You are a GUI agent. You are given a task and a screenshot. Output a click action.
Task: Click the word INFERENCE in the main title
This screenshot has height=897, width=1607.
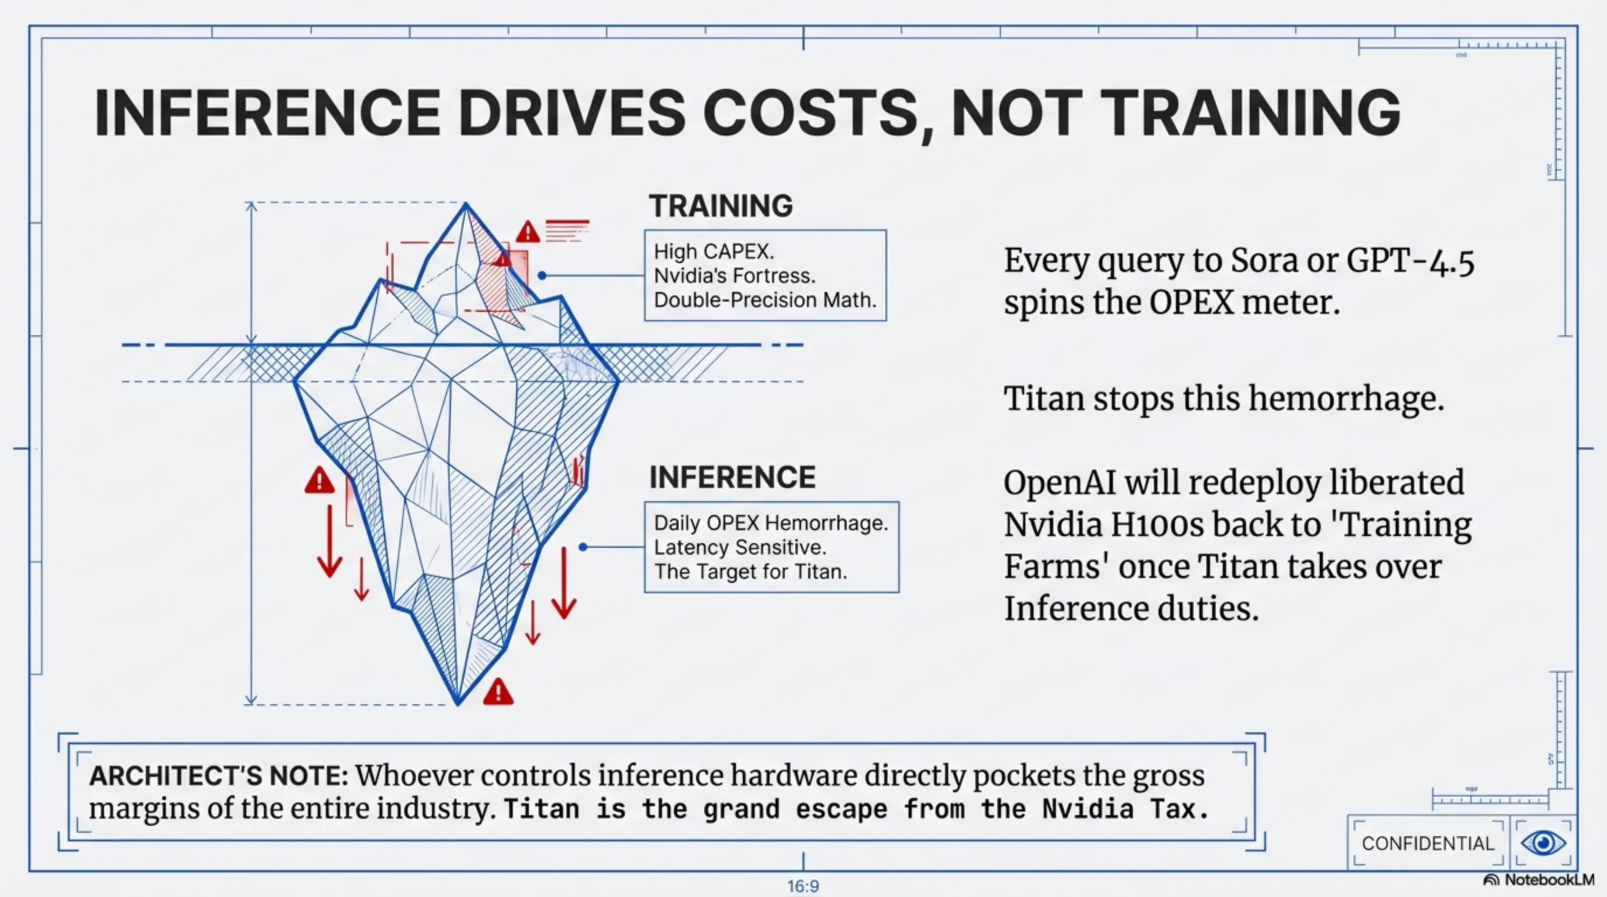[x=267, y=113]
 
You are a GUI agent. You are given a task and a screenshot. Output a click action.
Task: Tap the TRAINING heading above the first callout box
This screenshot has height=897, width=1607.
[x=721, y=206]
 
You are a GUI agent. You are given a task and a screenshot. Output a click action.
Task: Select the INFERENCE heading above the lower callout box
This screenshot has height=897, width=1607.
[x=732, y=477]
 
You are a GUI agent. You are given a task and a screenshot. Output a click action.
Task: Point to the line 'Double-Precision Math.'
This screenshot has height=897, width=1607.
[x=765, y=300]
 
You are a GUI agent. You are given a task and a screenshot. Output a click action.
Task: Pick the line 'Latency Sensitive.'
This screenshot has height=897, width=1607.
[x=740, y=547]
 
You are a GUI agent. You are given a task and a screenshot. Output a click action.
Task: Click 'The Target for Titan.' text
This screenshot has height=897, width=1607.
[x=750, y=571]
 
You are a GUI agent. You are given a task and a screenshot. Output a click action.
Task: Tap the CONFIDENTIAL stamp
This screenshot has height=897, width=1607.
[x=1428, y=843]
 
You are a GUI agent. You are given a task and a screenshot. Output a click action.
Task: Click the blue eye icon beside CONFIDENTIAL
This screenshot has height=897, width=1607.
[x=1543, y=843]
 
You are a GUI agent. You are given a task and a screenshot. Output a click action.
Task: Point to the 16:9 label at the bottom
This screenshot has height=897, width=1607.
[x=803, y=886]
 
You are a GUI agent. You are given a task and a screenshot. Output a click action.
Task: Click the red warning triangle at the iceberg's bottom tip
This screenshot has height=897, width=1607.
[x=498, y=692]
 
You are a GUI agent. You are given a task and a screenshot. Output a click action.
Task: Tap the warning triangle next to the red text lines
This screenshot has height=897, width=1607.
[x=528, y=232]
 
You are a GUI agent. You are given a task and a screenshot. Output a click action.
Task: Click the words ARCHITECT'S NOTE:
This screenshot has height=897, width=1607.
[x=218, y=776]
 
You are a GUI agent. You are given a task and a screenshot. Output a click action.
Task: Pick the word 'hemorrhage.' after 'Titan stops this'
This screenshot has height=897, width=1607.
[x=1345, y=399]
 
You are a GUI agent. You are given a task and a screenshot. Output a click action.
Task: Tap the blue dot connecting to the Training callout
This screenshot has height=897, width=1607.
[x=541, y=276]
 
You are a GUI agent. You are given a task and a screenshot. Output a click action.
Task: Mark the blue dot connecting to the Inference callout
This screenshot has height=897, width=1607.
[x=583, y=547]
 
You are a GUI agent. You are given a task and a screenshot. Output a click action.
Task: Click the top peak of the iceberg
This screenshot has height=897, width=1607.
[x=465, y=203]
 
